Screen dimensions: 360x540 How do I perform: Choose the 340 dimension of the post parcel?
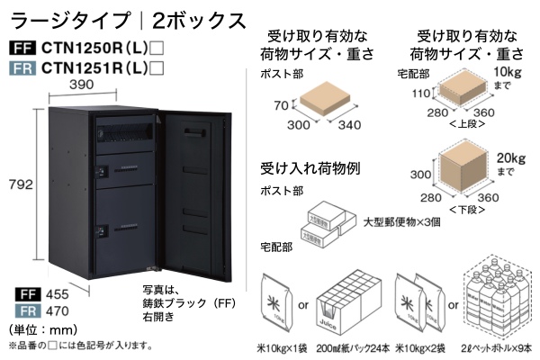click(352, 127)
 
